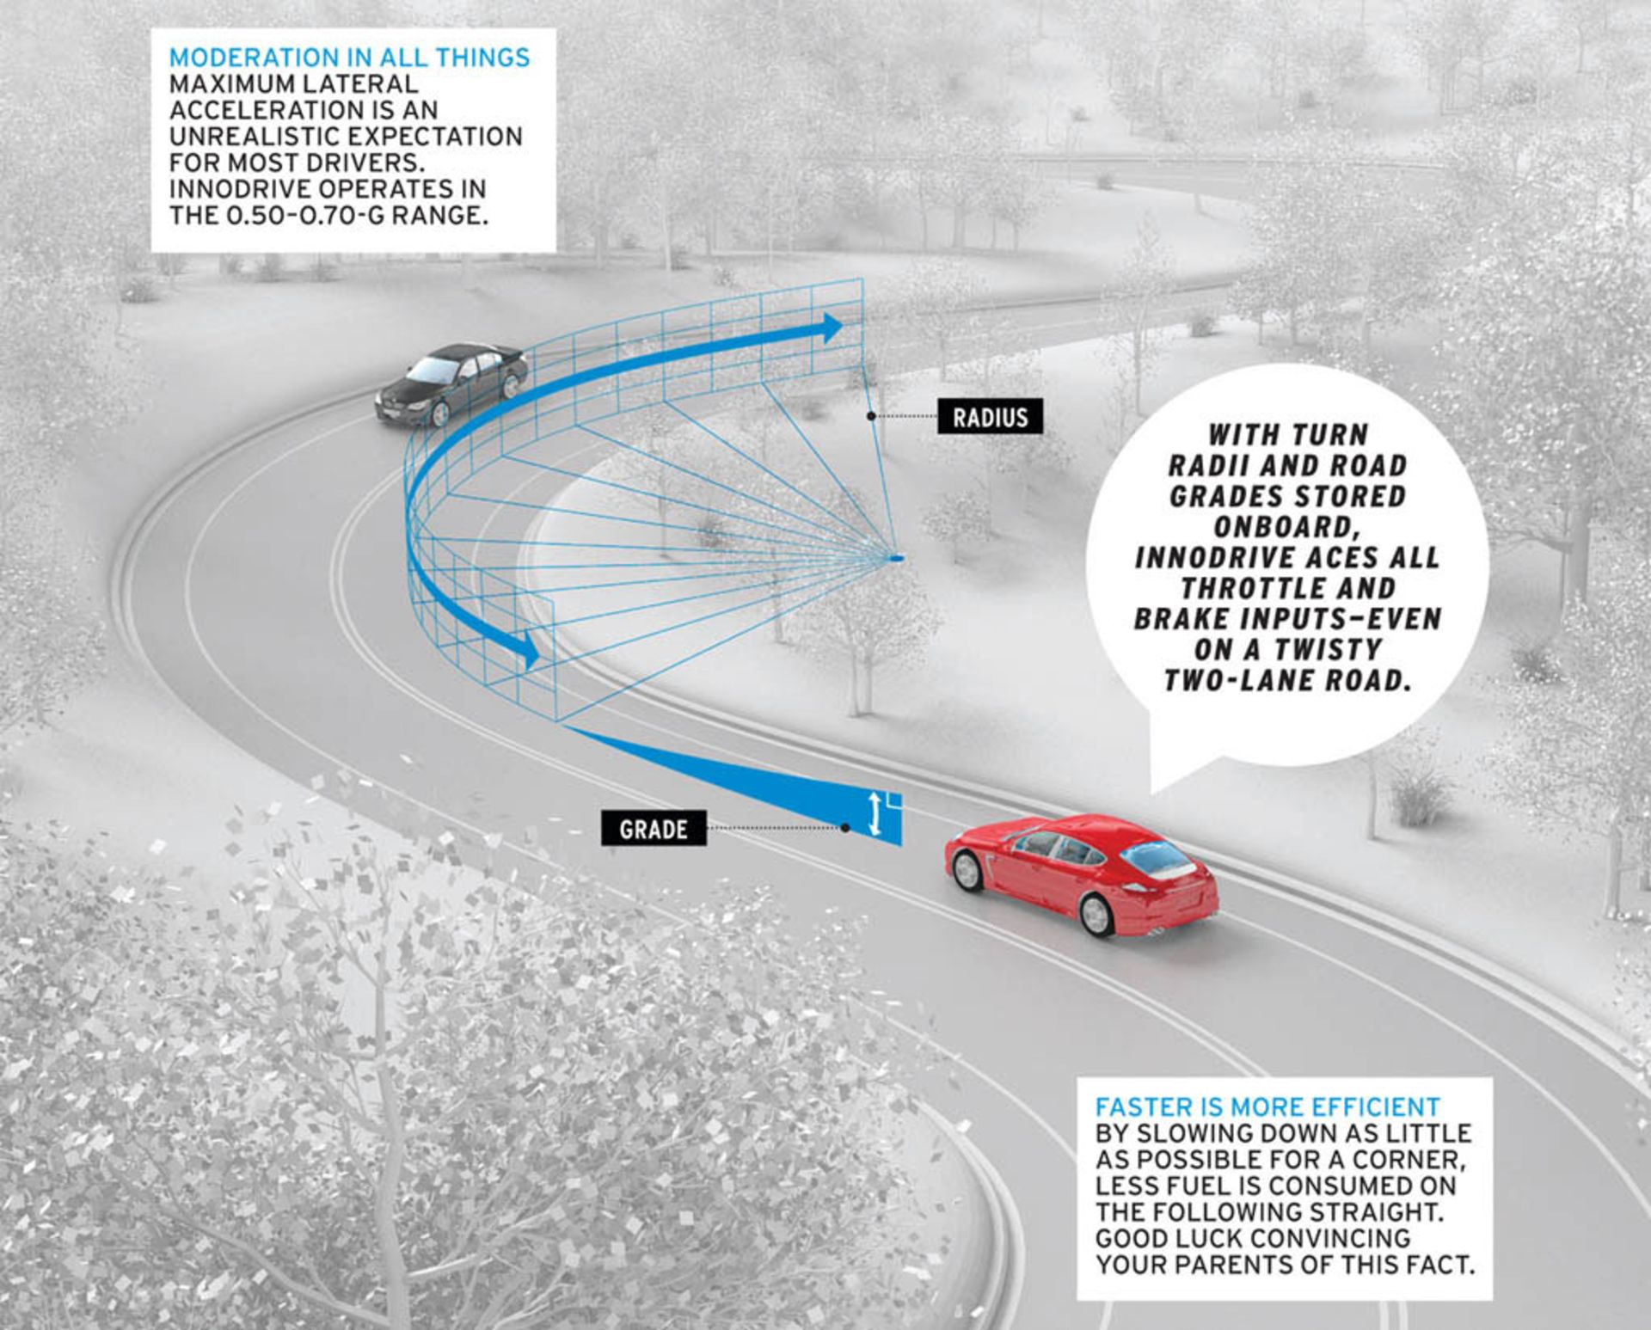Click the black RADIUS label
990,417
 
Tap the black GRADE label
654,829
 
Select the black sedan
452,384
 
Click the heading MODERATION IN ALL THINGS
349,58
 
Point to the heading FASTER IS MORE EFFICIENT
1267,1106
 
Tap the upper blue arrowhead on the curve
832,328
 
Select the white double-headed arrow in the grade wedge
875,813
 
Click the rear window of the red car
1152,857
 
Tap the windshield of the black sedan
434,371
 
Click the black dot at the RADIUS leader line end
871,416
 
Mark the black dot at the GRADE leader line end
846,828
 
